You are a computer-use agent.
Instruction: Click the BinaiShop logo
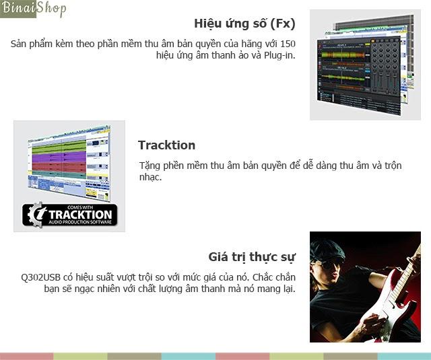click(33, 9)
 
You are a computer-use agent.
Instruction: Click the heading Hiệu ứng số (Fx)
click(244, 24)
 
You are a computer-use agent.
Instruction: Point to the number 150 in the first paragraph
click(288, 44)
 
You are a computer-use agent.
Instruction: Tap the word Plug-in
click(279, 55)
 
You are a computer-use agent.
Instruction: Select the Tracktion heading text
click(166, 145)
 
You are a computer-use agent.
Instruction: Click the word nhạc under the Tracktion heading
click(150, 177)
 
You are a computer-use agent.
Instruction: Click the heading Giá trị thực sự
click(252, 257)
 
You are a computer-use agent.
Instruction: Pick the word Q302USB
click(40, 277)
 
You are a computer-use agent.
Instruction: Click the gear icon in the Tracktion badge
click(36, 215)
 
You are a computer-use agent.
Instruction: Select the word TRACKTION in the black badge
click(80, 215)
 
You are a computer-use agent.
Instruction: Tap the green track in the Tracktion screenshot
click(59, 146)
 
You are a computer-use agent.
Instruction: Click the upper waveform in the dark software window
click(343, 55)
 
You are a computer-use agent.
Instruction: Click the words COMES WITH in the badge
click(80, 207)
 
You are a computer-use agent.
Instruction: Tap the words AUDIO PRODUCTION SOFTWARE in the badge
click(80, 222)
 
